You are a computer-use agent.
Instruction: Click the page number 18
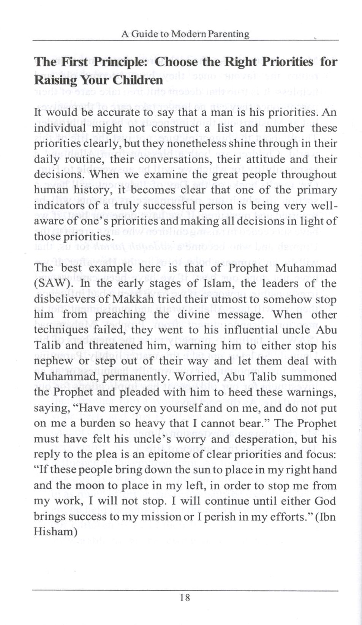pos(185,597)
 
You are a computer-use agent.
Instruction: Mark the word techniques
pos(61,330)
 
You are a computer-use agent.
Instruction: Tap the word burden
pos(99,423)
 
